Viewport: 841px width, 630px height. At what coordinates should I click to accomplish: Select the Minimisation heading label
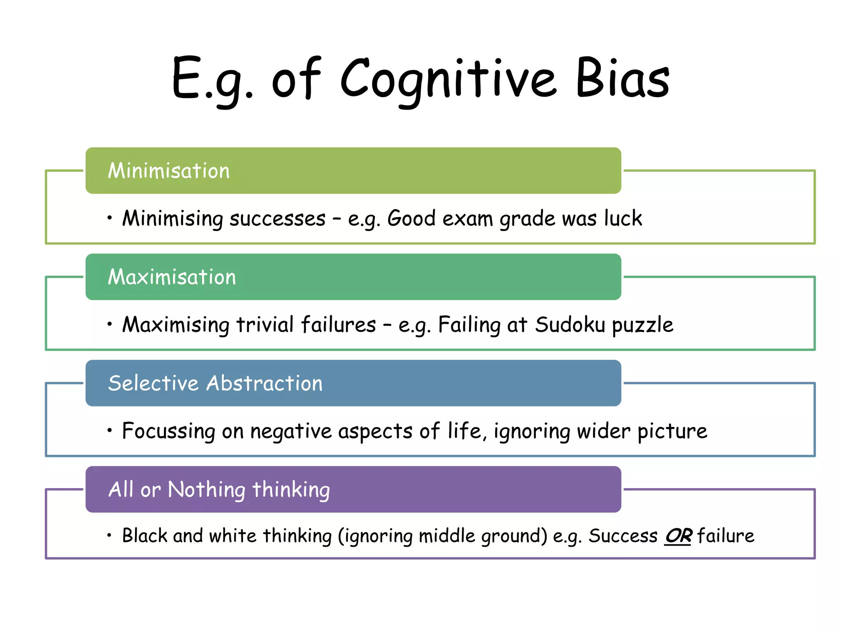coord(169,171)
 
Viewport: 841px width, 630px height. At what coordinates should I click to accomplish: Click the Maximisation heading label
coord(172,277)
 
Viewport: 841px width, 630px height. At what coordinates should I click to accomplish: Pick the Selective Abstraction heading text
coord(215,383)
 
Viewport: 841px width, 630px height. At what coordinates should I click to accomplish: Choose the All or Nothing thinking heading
coord(219,489)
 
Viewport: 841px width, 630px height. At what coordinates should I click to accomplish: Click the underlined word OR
coord(678,536)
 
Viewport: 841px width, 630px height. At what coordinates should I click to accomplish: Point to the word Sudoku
coord(570,324)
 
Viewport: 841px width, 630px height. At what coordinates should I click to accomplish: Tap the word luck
coord(623,218)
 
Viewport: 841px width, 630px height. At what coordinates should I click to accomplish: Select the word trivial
coord(265,324)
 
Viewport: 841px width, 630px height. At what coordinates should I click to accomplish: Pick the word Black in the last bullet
coord(145,536)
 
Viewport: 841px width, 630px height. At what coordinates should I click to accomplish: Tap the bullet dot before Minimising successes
coord(109,218)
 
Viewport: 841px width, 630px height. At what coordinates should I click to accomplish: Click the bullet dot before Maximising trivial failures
coord(109,324)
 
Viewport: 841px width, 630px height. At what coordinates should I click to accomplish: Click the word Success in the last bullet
coord(623,536)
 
